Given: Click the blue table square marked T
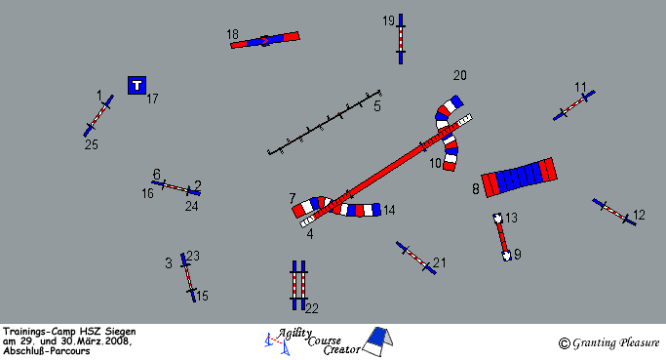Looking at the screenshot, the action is [137, 86].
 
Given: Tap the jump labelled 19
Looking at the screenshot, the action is [401, 39].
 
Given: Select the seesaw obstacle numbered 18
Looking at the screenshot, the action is [265, 40].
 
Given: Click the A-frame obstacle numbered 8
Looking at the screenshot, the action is [519, 178].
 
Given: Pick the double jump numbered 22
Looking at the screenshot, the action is [299, 285].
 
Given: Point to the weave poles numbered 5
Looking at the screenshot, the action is [324, 122].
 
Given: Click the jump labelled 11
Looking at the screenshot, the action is [573, 105].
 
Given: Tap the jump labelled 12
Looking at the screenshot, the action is [614, 212].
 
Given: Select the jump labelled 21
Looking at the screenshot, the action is [415, 258].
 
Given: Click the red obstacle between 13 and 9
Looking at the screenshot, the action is [502, 237].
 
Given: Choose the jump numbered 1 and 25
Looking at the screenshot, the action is [98, 115].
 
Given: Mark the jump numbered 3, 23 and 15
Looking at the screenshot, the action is [188, 277].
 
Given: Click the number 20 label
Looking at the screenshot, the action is [460, 76].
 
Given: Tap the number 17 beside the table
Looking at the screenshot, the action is [152, 100].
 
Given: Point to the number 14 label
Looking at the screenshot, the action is [389, 210].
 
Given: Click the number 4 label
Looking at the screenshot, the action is [310, 234].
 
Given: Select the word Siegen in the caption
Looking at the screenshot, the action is [121, 332].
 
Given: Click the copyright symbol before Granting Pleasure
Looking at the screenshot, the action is [564, 343].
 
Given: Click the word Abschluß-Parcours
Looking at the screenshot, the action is [46, 351].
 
